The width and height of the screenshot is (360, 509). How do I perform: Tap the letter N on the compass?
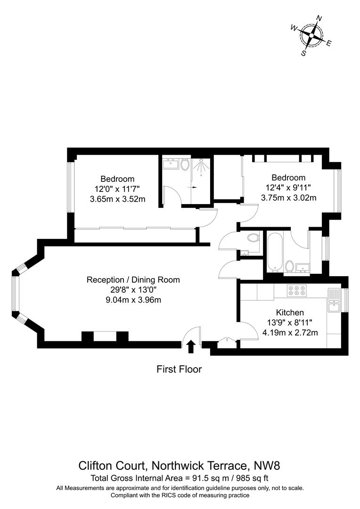319,19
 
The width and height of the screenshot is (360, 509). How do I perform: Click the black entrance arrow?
190,347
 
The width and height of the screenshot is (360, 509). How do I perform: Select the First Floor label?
179,369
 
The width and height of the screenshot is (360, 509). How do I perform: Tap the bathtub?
275,252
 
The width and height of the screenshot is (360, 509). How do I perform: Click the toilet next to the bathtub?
289,267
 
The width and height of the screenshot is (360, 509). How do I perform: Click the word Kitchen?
290,312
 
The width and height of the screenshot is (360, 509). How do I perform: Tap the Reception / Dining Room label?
133,279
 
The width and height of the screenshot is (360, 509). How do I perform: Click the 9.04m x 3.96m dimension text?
133,300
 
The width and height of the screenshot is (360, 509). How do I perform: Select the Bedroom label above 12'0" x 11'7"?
117,179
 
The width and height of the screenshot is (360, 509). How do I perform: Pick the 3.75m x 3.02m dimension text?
288,198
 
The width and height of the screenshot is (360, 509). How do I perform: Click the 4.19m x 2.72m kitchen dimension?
290,332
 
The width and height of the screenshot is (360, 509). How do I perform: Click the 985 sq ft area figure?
249,478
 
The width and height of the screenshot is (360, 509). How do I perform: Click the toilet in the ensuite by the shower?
185,164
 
